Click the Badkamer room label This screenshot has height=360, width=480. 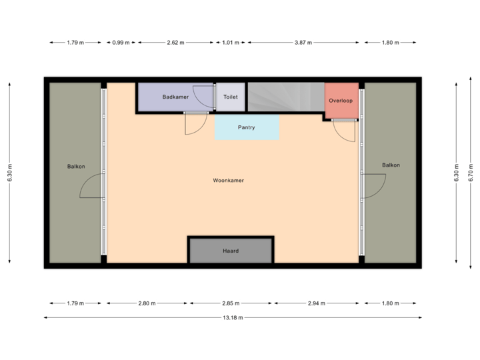(175, 97)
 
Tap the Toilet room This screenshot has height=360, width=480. (231, 97)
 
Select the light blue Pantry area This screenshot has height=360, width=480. (247, 127)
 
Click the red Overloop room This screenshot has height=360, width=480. (340, 100)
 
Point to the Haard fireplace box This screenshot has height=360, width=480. (231, 251)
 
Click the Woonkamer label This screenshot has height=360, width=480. (228, 180)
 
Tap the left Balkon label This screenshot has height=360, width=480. (76, 166)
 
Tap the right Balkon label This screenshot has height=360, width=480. (391, 165)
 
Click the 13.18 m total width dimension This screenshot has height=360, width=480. (233, 317)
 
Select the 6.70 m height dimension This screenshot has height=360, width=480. (471, 173)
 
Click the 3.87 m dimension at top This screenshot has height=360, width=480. (303, 43)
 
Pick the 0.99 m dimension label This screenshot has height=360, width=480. (121, 43)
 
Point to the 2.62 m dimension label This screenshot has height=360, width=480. (175, 43)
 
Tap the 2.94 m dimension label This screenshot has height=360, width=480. (317, 303)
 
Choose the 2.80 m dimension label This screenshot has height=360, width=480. (147, 303)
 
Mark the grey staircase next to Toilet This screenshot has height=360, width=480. (285, 97)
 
